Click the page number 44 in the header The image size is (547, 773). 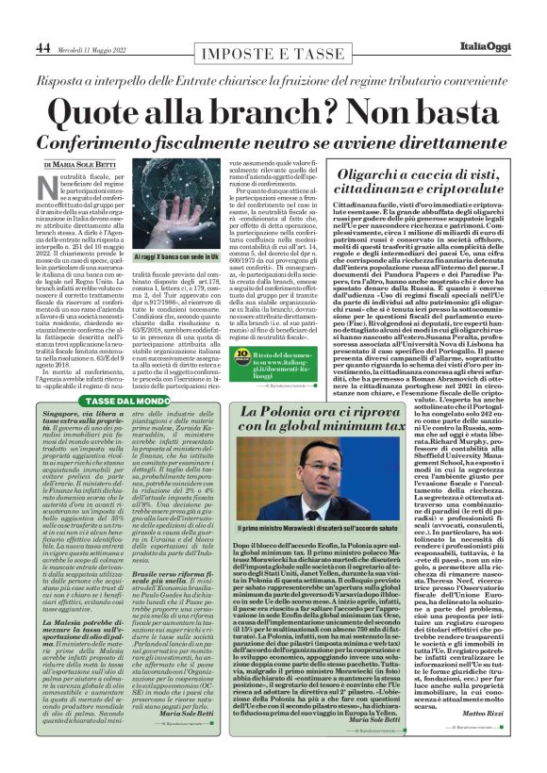[x=42, y=46]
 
